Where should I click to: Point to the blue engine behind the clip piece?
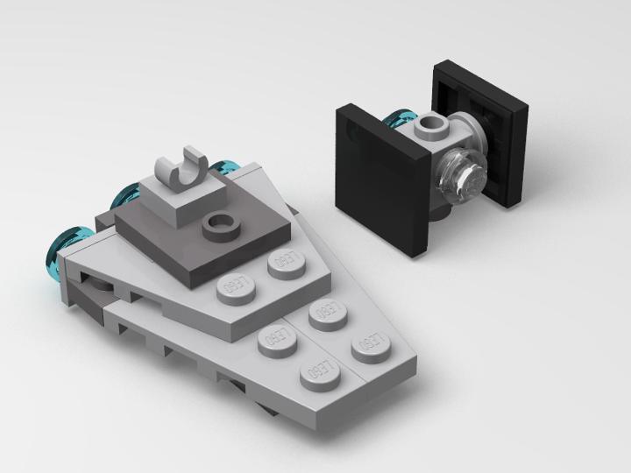pyautogui.click(x=226, y=167)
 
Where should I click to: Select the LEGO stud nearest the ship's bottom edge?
pyautogui.click(x=317, y=374)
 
